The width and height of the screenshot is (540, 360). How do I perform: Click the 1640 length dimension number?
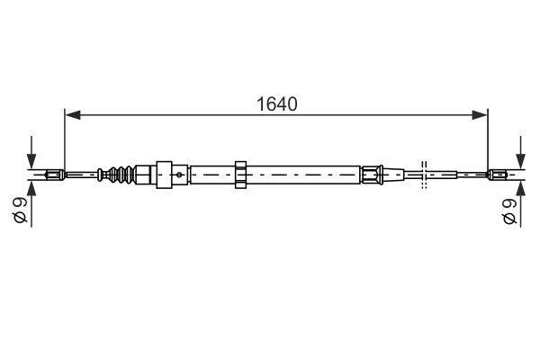pyautogui.click(x=275, y=103)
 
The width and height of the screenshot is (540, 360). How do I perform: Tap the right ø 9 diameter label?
pyautogui.click(x=509, y=213)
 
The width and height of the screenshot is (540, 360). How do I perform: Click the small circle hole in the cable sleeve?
pyautogui.click(x=181, y=173)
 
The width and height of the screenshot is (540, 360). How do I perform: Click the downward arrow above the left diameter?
pyautogui.click(x=31, y=154)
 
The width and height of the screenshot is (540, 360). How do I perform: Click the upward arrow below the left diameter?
pyautogui.click(x=31, y=191)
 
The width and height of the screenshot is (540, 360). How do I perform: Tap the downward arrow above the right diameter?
pyautogui.click(x=519, y=154)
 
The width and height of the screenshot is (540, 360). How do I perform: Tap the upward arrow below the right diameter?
pyautogui.click(x=519, y=191)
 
